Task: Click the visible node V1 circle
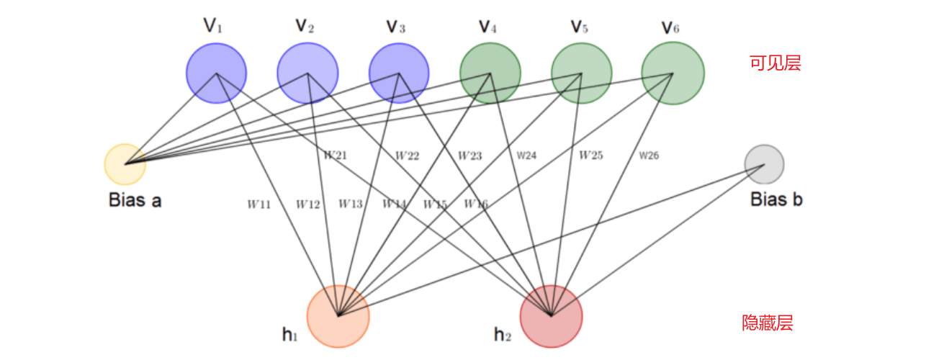pos(216,73)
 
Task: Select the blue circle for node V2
pos(307,73)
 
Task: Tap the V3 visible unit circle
pos(399,73)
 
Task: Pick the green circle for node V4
pos(490,73)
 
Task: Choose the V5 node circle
pos(582,73)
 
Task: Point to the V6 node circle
pos(673,73)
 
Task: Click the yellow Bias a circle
pos(125,164)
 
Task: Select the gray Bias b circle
pos(764,164)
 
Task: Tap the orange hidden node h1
pos(338,316)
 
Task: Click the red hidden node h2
pos(551,316)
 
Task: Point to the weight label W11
pos(259,204)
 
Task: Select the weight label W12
pos(307,204)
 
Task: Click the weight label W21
pos(335,155)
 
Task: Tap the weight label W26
pos(648,155)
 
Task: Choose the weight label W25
pos(590,155)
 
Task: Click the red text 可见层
pos(775,63)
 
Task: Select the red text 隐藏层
pos(768,323)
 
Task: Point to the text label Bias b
pos(776,199)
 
